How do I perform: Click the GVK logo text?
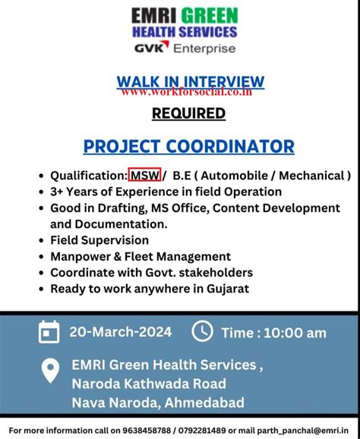[x=153, y=48]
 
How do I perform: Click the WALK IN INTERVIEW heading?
[x=191, y=82]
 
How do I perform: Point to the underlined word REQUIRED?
[x=188, y=113]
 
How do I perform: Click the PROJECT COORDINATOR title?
[x=188, y=146]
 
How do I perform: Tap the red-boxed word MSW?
[x=144, y=175]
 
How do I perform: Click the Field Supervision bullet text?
[x=99, y=240]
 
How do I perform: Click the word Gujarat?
[x=223, y=288]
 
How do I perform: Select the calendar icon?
[x=49, y=332]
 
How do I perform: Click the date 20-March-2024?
[x=120, y=332]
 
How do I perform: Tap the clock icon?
[x=202, y=331]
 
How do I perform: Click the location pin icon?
[x=49, y=371]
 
